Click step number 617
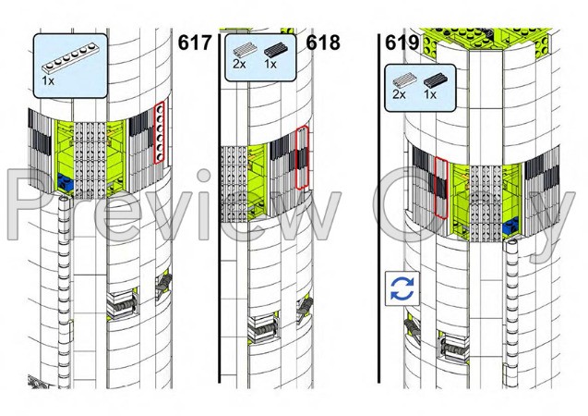click(194, 43)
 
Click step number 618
click(323, 43)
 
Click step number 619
click(402, 43)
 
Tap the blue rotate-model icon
click(402, 288)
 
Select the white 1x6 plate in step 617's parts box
click(70, 57)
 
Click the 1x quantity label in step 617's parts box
click(48, 80)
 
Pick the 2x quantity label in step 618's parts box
click(239, 64)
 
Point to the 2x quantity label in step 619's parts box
click(399, 94)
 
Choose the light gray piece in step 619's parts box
click(405, 80)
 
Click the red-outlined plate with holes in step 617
click(160, 132)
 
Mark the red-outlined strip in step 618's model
click(302, 158)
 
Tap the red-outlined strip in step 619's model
click(441, 188)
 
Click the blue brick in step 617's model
click(65, 182)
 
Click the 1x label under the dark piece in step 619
click(430, 94)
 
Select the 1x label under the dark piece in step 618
click(270, 64)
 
